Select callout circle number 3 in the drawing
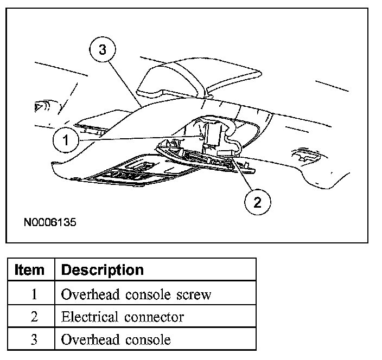pos(102,50)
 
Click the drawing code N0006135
pos(50,222)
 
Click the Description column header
pos(103,269)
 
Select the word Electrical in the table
pos(89,317)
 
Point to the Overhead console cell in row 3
pos(116,340)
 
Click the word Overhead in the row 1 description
pos(90,294)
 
